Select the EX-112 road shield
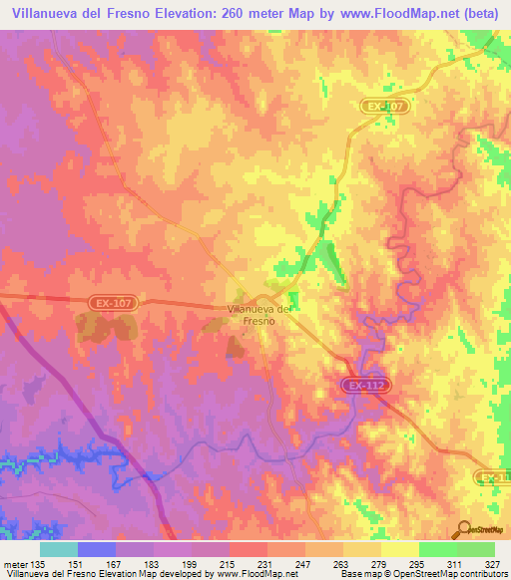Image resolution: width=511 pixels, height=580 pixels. [366, 385]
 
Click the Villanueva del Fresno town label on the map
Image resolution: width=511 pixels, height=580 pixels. [259, 315]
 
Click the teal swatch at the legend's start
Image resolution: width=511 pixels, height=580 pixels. [59, 549]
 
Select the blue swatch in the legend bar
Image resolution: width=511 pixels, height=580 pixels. [97, 549]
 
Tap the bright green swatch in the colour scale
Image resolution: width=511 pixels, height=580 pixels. [438, 549]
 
